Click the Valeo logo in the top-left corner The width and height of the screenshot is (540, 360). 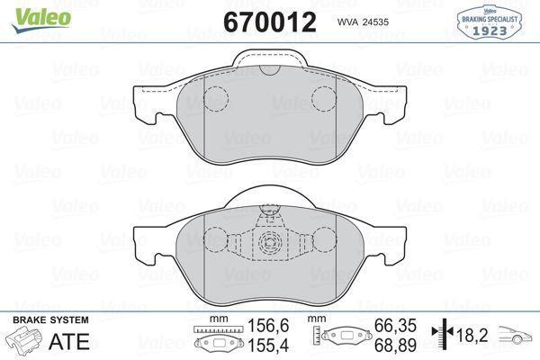[26, 10]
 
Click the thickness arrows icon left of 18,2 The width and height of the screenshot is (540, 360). [442, 336]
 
